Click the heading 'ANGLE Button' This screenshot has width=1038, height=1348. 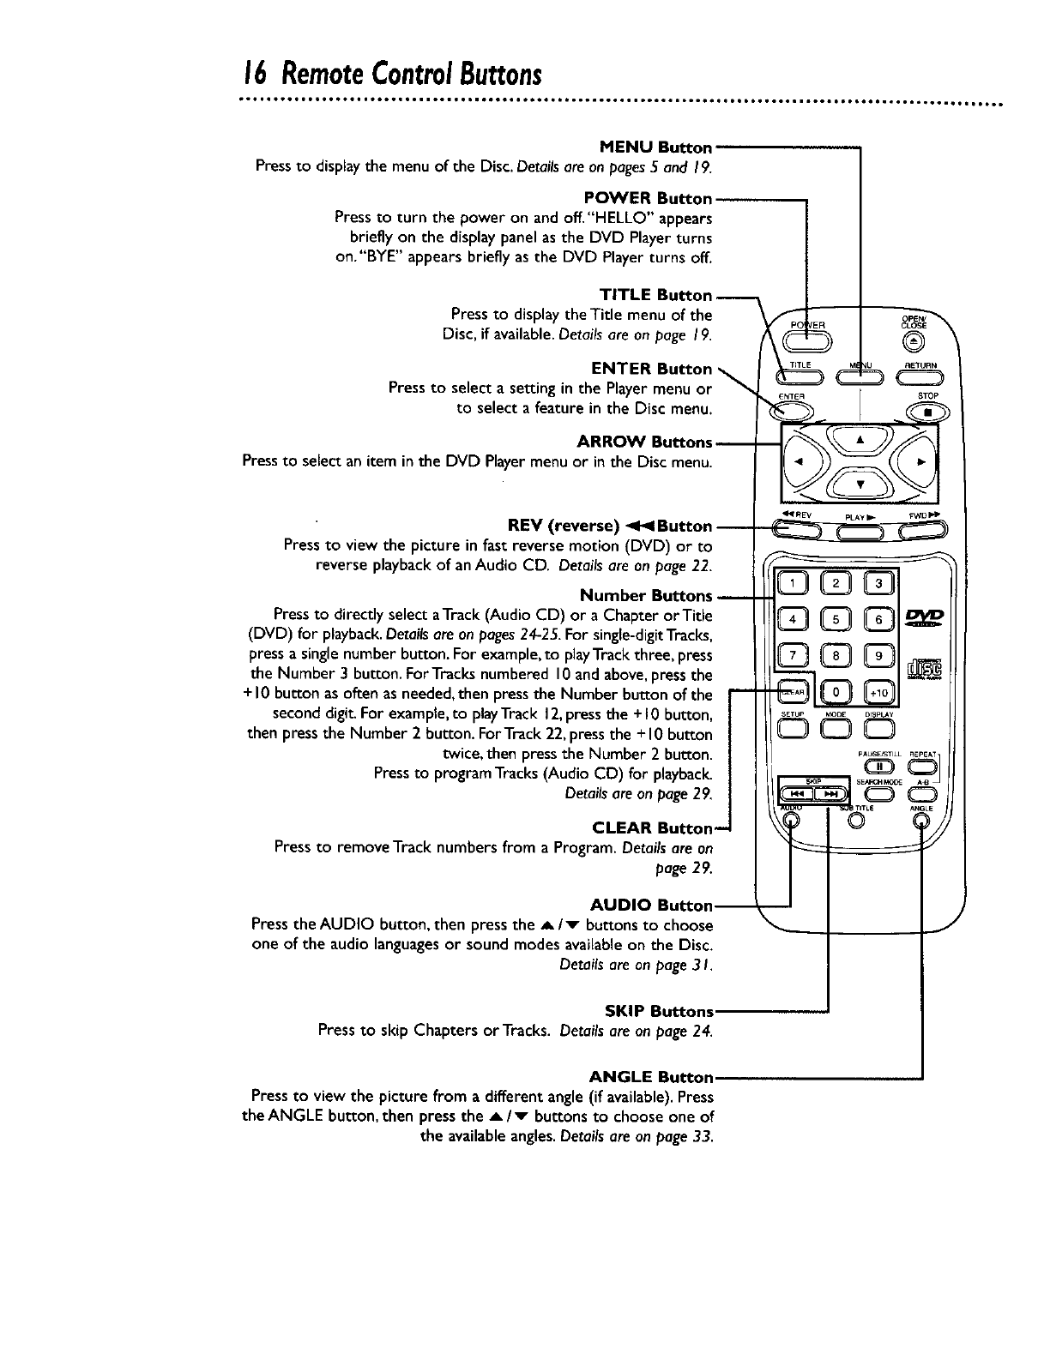point(651,1077)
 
